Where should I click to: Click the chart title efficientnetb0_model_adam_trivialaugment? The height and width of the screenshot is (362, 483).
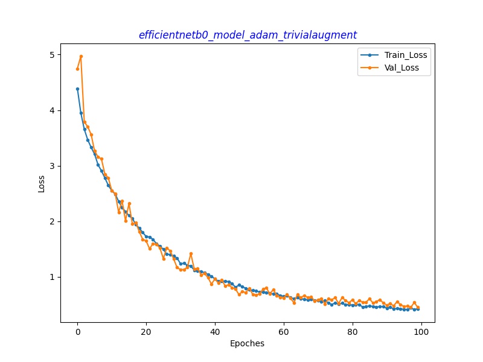pos(248,35)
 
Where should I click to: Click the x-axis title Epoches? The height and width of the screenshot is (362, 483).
pos(248,344)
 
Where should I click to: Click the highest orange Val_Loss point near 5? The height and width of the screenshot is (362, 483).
pos(81,56)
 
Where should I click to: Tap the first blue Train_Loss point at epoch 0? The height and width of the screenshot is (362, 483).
pos(77,89)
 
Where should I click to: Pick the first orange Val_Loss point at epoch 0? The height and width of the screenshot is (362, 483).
pos(77,69)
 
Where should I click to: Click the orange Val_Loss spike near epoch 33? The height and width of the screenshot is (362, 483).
pos(191,253)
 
